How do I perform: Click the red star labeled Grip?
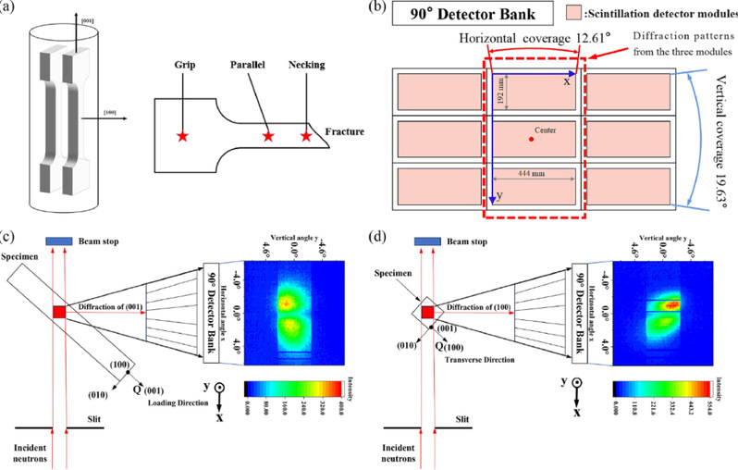(181, 136)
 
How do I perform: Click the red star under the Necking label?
(305, 136)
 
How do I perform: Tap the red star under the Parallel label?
(267, 136)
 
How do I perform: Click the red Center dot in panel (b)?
(531, 139)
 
